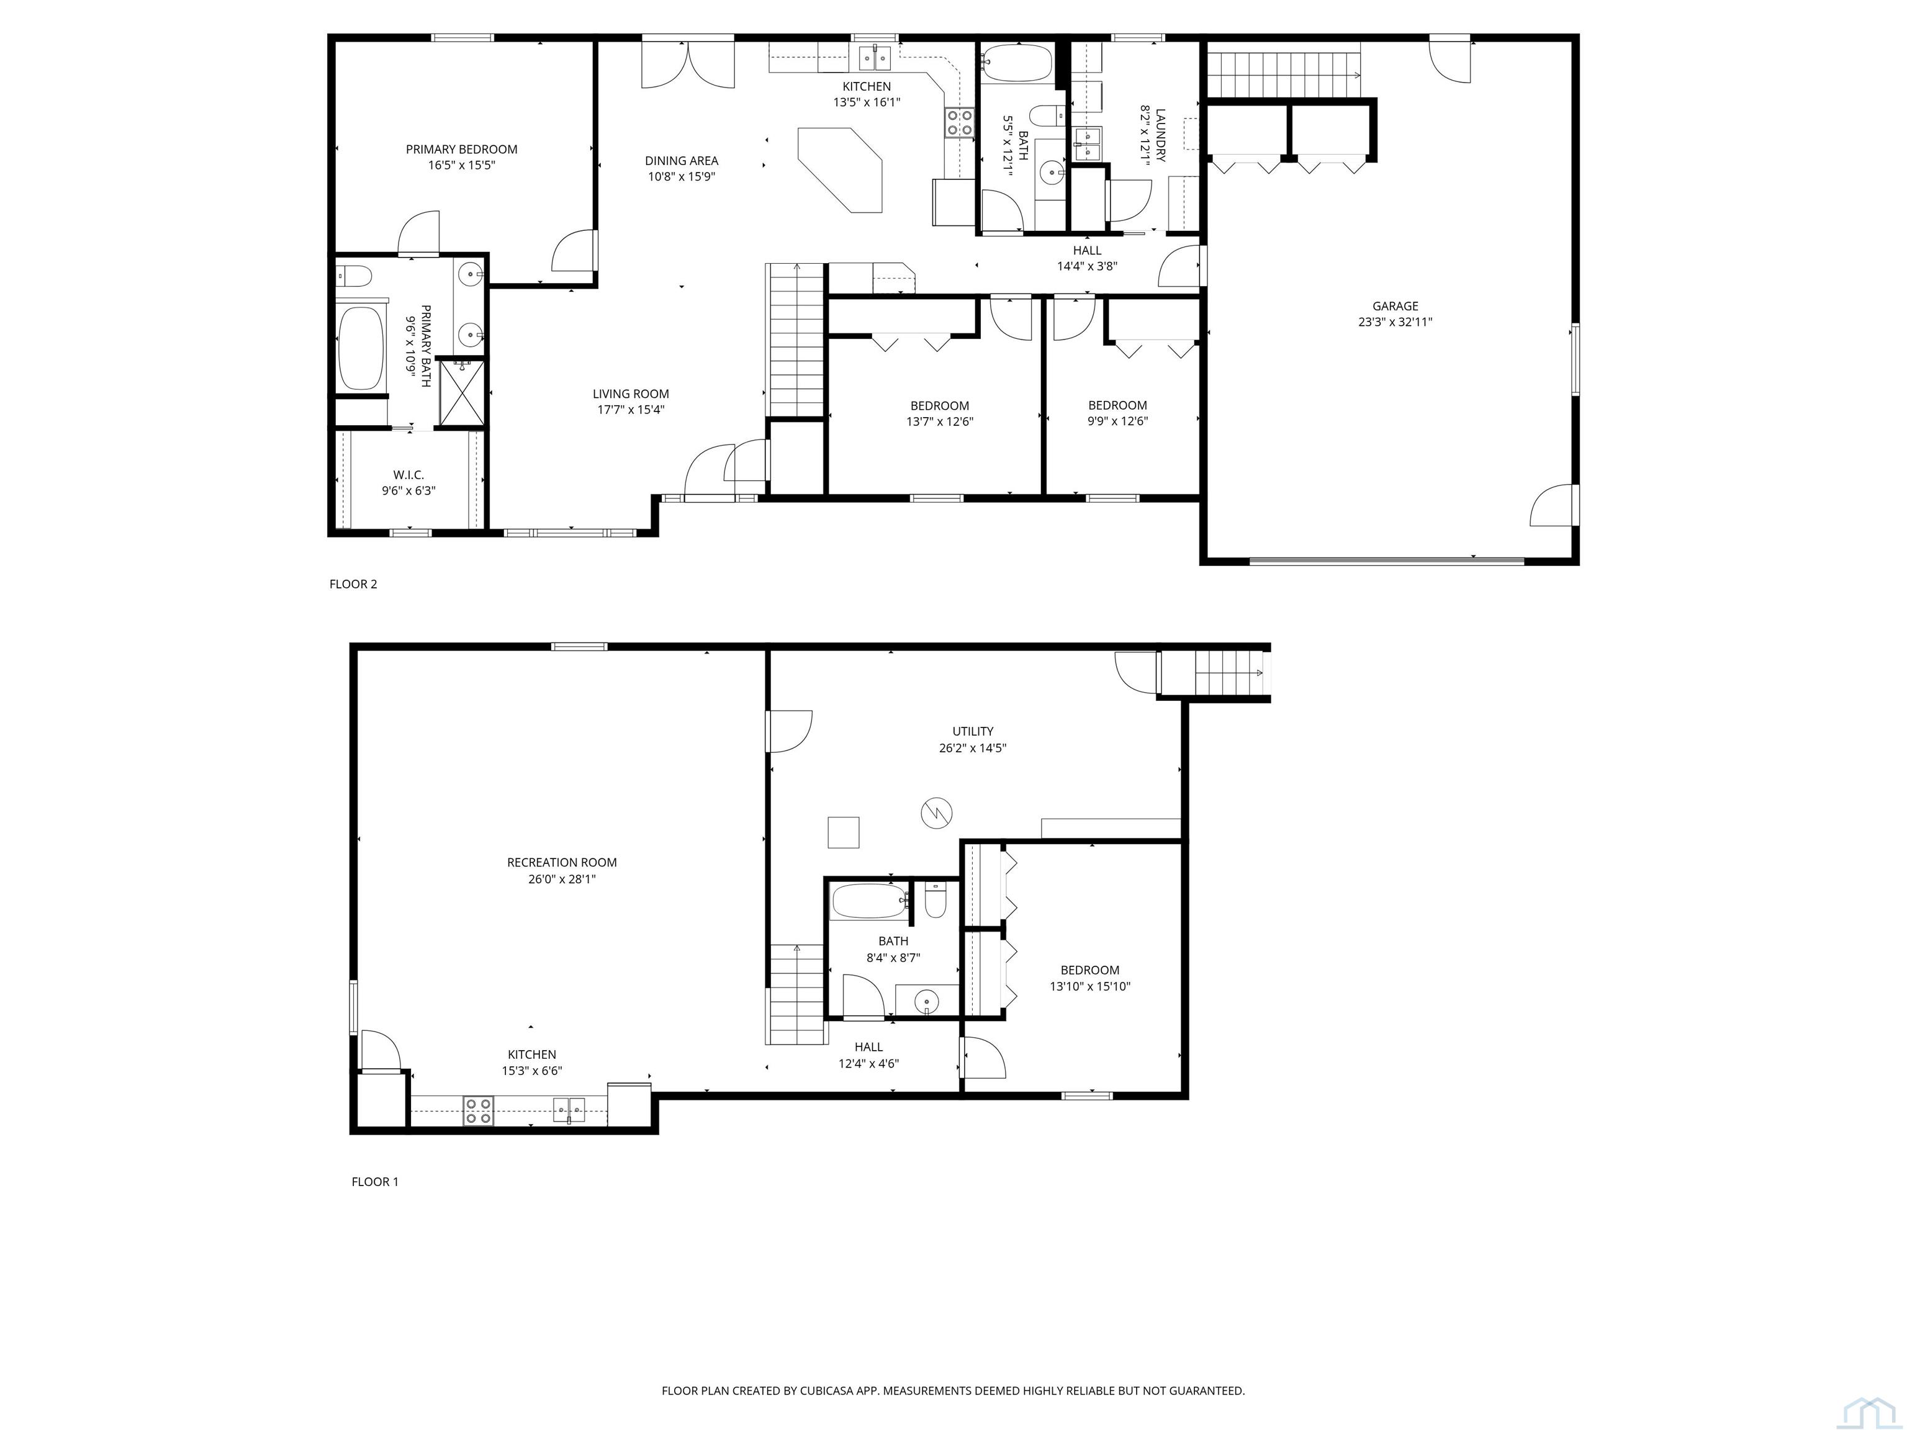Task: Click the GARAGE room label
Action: click(x=1395, y=306)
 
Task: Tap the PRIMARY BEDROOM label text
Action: click(x=461, y=149)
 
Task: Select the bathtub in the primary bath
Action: click(x=361, y=348)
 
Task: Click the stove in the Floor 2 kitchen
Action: click(x=960, y=122)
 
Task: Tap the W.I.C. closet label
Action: click(x=408, y=475)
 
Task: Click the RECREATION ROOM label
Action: click(x=561, y=862)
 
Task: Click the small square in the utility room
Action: click(x=843, y=832)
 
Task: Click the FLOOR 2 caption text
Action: click(x=353, y=585)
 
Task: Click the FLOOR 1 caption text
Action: click(x=375, y=1182)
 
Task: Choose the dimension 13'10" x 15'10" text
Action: click(x=1089, y=987)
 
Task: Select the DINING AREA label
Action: click(x=681, y=160)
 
